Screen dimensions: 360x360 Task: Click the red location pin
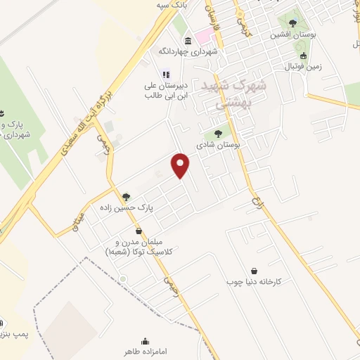click(181, 165)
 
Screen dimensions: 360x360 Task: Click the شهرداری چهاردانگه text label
click(188, 51)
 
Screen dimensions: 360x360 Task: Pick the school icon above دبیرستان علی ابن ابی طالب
click(166, 73)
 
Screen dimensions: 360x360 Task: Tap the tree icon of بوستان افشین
click(292, 24)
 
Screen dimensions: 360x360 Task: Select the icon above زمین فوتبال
click(303, 56)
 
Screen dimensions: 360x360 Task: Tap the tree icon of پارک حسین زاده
click(127, 198)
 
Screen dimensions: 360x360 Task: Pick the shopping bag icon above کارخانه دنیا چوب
click(254, 271)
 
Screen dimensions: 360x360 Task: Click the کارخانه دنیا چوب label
click(254, 282)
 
